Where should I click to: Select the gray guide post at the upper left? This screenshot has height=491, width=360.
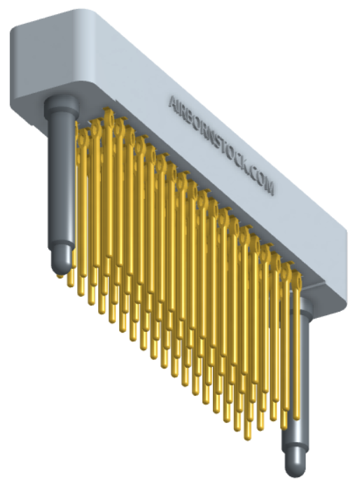click(61, 182)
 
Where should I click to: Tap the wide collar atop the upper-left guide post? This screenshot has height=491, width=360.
click(60, 109)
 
